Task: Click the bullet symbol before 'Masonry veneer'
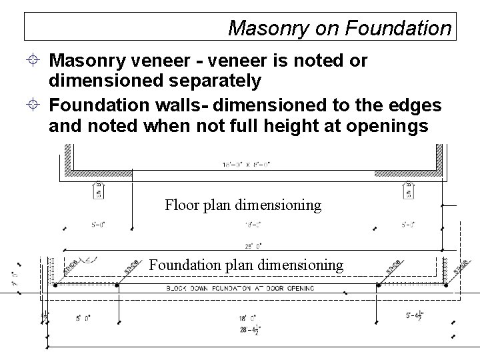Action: point(37,62)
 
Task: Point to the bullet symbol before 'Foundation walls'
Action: point(37,106)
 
